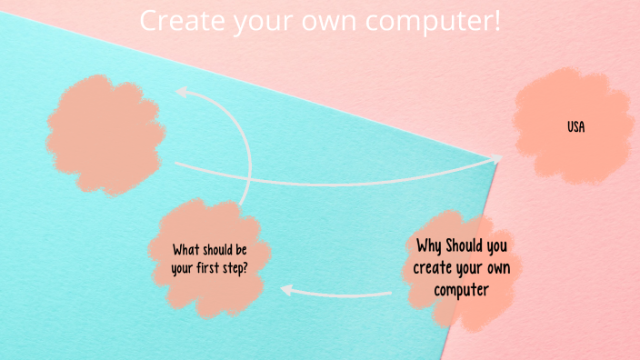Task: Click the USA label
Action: click(575, 127)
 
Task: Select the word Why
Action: click(430, 246)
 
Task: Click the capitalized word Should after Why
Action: click(466, 246)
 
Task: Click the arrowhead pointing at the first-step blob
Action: click(285, 290)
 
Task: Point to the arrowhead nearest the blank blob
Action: click(180, 91)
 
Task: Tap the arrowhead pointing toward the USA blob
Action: click(496, 159)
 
